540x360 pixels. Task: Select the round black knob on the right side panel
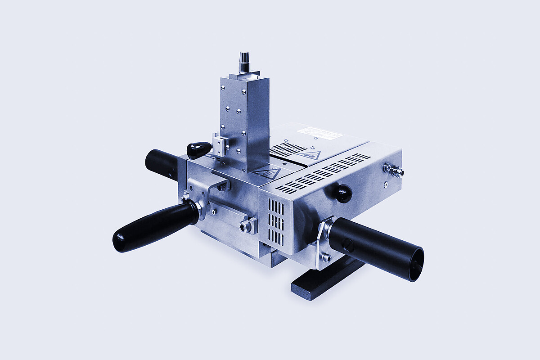[x=342, y=193]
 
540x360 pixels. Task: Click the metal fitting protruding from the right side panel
[x=393, y=170]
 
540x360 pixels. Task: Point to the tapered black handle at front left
[x=153, y=226]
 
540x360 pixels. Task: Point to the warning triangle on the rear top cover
[x=310, y=155]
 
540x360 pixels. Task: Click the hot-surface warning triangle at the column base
[x=265, y=173]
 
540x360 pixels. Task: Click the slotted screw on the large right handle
[x=348, y=245]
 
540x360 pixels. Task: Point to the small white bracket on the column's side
[x=219, y=146]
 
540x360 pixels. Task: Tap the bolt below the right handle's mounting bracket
[x=326, y=257]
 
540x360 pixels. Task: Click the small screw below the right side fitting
[x=386, y=184]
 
